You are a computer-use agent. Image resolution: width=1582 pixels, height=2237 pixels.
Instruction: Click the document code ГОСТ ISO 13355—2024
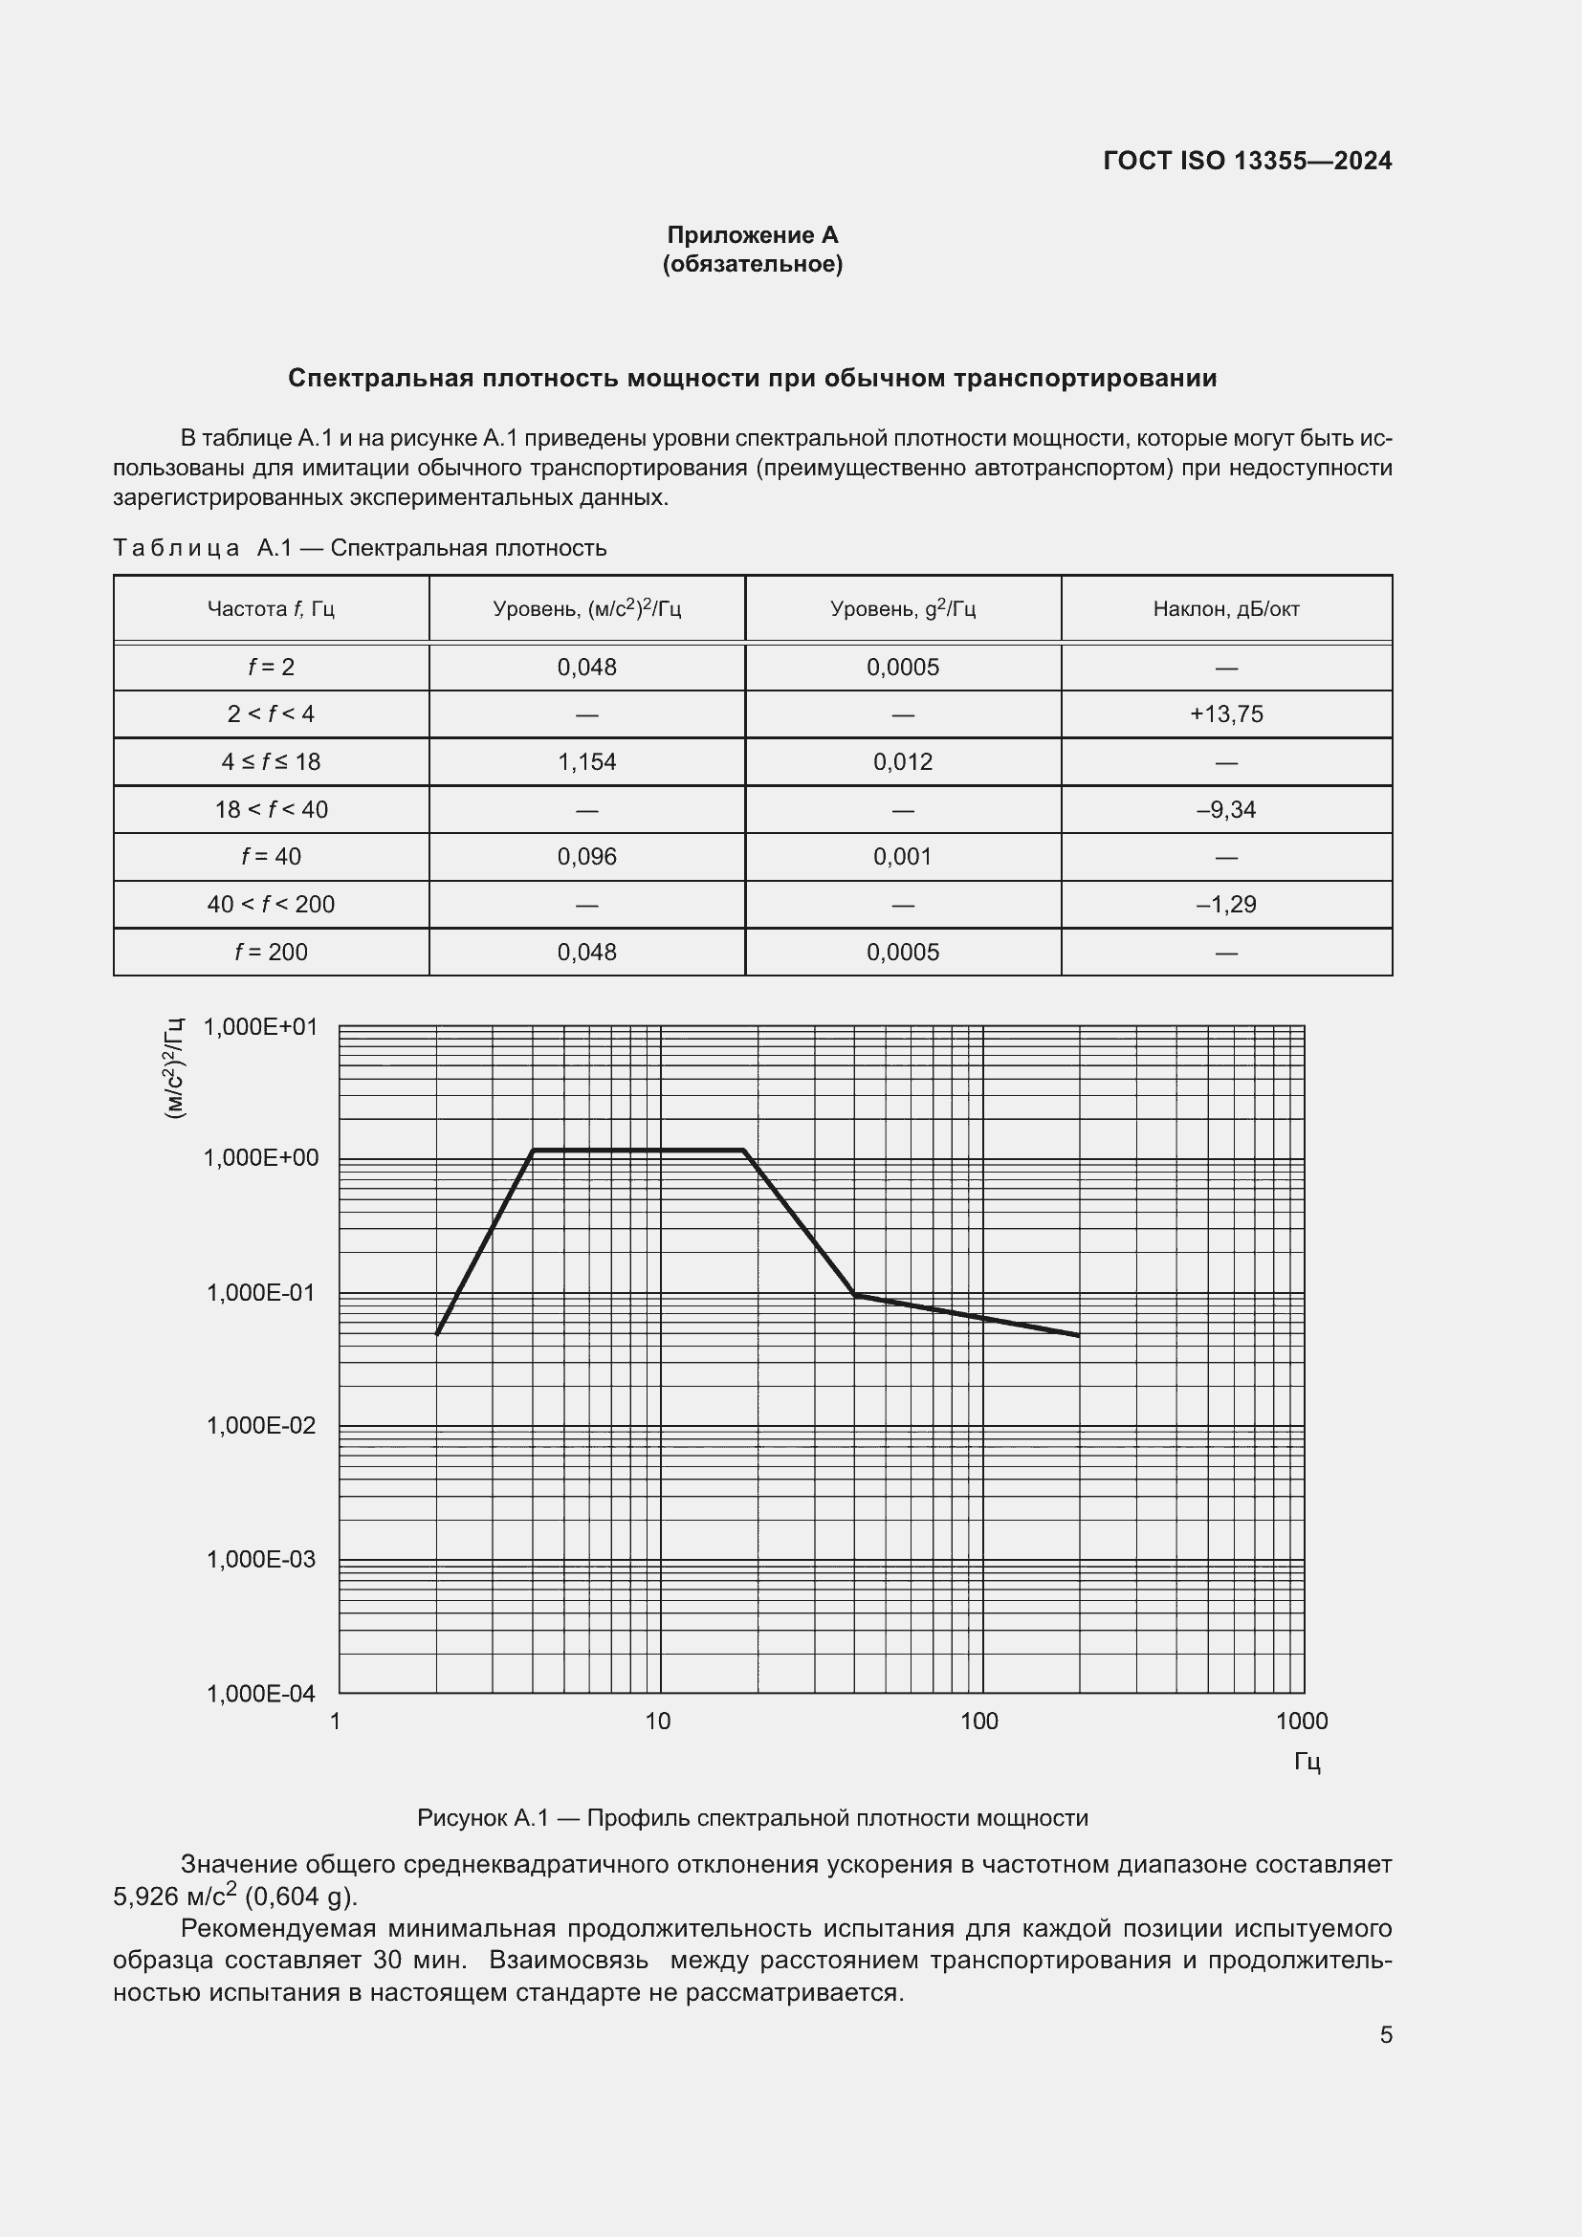[x=1247, y=161]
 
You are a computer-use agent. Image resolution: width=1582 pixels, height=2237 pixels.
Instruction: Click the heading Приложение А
[x=752, y=235]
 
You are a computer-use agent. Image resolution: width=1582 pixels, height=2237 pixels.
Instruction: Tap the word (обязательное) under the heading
[x=752, y=264]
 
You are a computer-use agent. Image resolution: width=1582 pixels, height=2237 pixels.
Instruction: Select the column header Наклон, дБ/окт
[x=1225, y=609]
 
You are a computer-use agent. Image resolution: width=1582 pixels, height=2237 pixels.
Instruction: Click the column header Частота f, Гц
[x=271, y=609]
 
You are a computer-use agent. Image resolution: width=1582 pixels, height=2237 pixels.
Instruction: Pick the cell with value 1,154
[x=586, y=762]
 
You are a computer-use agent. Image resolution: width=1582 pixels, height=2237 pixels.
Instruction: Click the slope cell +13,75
[x=1225, y=714]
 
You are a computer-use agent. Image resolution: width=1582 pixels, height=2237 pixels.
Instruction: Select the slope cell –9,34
[x=1225, y=810]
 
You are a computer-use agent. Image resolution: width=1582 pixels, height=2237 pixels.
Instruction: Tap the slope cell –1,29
[x=1225, y=904]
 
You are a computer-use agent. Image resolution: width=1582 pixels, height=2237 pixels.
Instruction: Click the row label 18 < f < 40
[x=271, y=810]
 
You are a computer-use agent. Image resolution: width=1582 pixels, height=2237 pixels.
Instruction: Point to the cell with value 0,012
[x=902, y=762]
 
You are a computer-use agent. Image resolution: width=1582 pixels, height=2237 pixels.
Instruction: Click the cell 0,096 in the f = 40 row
[x=586, y=856]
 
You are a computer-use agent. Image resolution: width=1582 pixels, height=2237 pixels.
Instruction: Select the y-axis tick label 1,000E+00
[x=260, y=1157]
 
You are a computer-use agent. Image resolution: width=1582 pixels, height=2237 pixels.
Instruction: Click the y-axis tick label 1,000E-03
[x=260, y=1559]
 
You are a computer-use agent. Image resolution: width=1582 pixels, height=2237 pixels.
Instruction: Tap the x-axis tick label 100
[x=979, y=1721]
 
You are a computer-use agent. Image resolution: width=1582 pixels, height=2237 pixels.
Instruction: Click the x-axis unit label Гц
[x=1307, y=1761]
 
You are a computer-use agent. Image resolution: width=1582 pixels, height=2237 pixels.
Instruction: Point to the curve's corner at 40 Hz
[x=854, y=1294]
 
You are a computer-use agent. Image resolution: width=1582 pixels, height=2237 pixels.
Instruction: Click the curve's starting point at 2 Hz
[x=437, y=1333]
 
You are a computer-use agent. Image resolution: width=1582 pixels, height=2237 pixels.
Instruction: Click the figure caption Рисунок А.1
[x=752, y=1817]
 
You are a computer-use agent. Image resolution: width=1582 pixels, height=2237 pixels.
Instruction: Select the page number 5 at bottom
[x=1385, y=2034]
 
